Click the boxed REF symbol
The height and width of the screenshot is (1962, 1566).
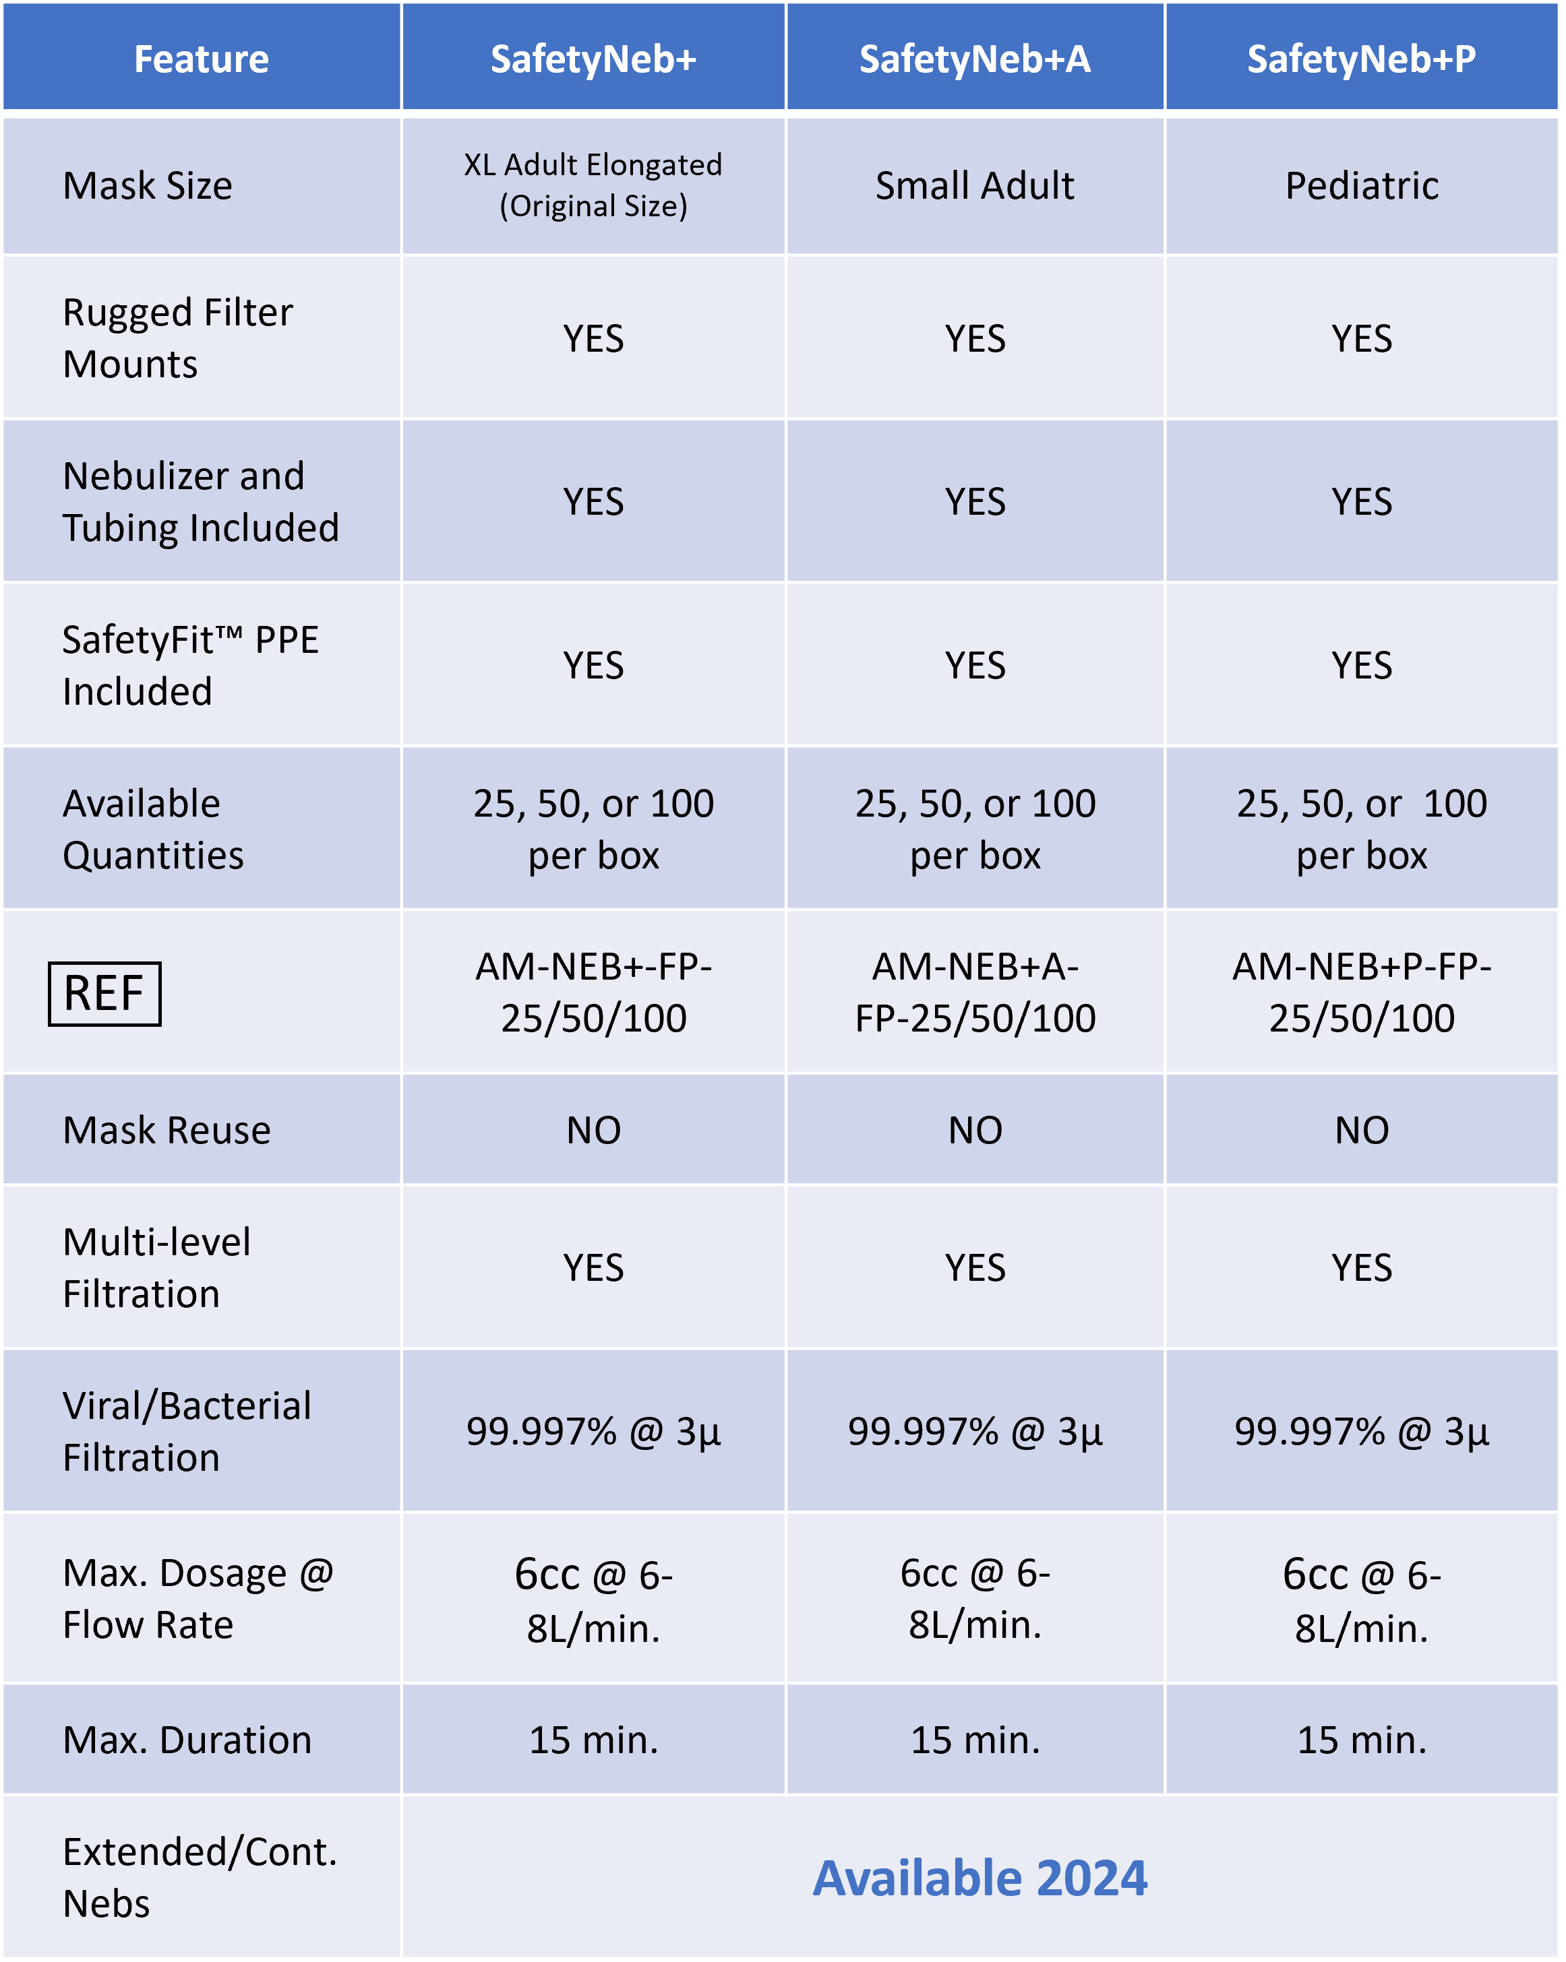[104, 993]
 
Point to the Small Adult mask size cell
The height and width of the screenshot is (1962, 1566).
[974, 186]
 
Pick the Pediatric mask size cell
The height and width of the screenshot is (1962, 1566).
[1361, 186]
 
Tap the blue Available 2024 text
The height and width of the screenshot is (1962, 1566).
[980, 1877]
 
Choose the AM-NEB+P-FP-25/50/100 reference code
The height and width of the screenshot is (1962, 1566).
[1361, 992]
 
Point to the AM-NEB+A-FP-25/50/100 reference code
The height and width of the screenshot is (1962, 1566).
[975, 992]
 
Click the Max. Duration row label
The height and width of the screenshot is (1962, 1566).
[187, 1740]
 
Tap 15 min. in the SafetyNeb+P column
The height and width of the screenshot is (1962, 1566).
[1361, 1740]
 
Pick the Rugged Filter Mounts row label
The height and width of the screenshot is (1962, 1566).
[177, 338]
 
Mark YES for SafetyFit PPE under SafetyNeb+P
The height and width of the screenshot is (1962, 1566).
[1361, 665]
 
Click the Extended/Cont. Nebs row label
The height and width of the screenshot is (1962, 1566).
[200, 1877]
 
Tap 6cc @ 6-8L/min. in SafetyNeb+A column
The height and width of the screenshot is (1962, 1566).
[975, 1599]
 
